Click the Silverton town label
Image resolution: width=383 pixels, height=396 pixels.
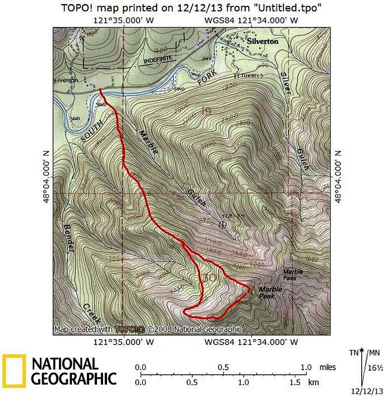click(x=263, y=42)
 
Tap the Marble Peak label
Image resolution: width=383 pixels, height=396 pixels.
click(x=270, y=292)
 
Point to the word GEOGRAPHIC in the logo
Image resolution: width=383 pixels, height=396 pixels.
click(x=74, y=379)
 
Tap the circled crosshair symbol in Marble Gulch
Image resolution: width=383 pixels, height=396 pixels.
click(x=222, y=224)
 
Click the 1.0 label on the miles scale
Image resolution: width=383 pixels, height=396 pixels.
click(x=306, y=367)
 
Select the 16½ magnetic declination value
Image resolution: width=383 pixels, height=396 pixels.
click(x=374, y=368)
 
